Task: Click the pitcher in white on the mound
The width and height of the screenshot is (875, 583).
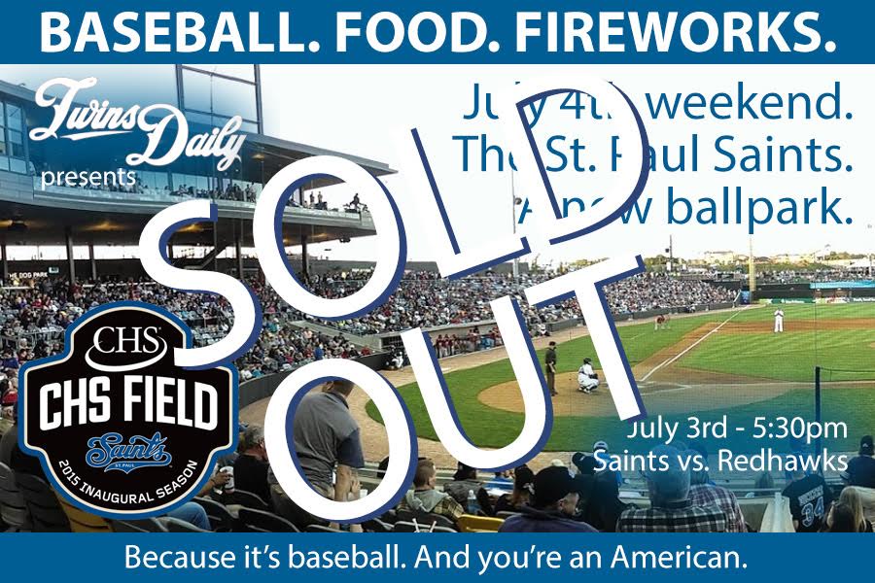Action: click(778, 319)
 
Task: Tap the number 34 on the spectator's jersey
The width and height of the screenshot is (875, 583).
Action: click(813, 504)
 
